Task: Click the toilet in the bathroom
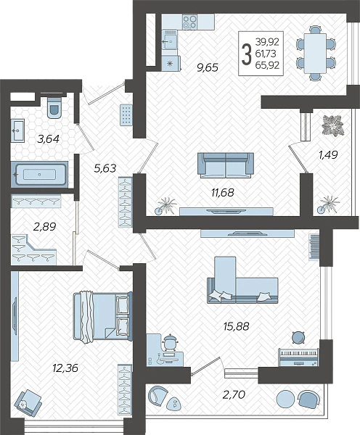pos(54,107)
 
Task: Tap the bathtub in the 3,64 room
pos(39,175)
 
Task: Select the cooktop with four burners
pos(189,22)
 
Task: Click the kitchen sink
pos(170,40)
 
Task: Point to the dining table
pos(315,53)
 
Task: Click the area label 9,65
pos(208,67)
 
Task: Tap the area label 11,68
pos(223,192)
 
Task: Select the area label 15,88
pos(236,326)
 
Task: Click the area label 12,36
pos(65,368)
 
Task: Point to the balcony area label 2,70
pos(234,394)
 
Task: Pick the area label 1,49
pos(328,155)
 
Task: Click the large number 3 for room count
pos(246,54)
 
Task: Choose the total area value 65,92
pos(267,65)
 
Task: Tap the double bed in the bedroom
pos(102,316)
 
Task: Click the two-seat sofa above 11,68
pos(226,165)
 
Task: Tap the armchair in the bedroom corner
pos(28,402)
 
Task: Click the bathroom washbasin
pos(17,130)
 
